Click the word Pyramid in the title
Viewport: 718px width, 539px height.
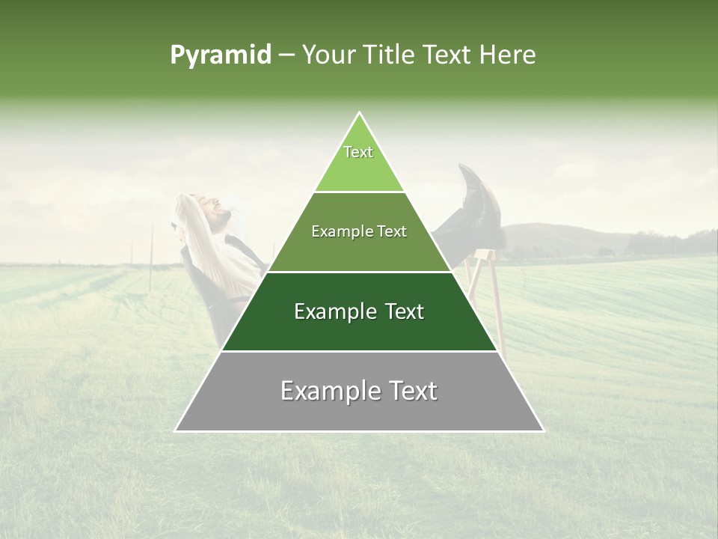point(220,55)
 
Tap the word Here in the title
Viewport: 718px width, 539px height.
point(509,55)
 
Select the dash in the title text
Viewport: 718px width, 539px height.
point(286,55)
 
